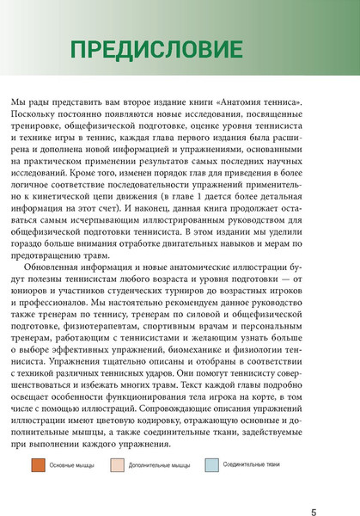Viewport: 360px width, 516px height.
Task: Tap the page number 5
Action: click(313, 488)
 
